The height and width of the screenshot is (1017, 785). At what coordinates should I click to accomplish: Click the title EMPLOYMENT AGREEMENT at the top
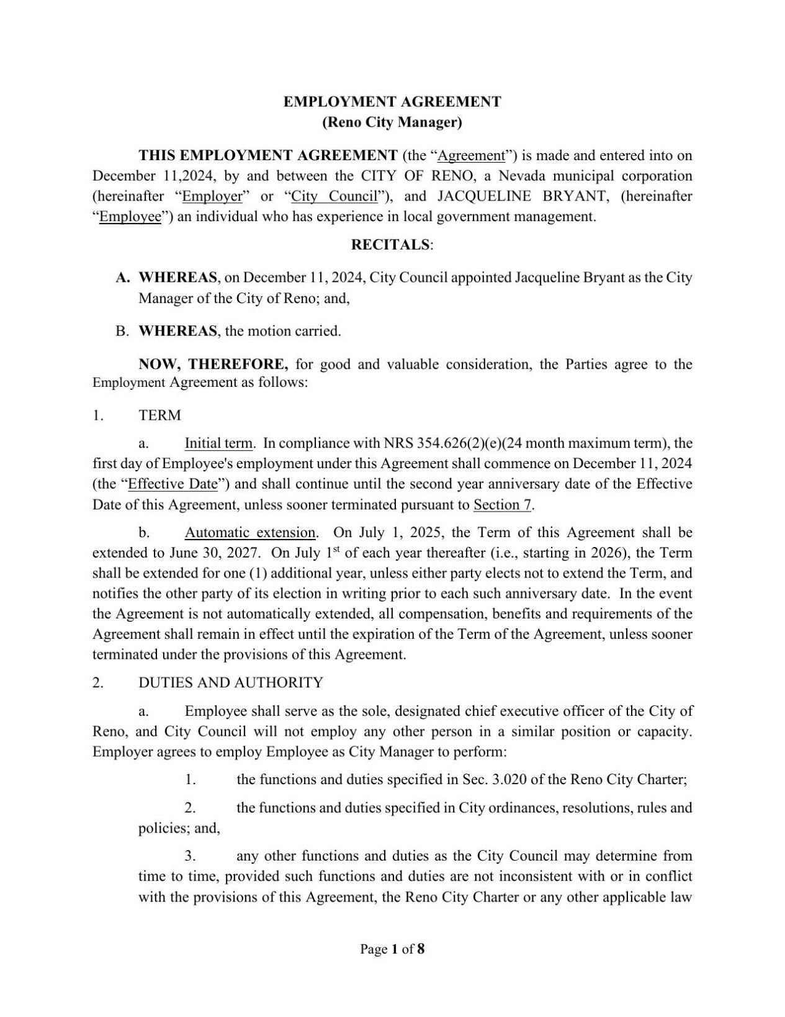click(392, 102)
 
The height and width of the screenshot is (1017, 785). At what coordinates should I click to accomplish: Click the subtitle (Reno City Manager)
click(392, 122)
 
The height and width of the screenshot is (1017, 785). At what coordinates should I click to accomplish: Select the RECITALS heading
click(390, 245)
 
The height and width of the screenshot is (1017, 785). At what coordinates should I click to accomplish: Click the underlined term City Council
click(334, 196)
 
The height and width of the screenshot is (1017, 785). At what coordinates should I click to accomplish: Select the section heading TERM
click(159, 415)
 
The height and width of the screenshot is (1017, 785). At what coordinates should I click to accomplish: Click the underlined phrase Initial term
click(218, 443)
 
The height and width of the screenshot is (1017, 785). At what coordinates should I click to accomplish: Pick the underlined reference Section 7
click(502, 504)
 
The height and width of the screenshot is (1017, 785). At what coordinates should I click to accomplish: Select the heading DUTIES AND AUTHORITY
click(230, 683)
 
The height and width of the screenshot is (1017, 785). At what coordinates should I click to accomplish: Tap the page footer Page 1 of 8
click(392, 949)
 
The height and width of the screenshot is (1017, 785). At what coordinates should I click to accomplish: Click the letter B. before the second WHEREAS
click(122, 331)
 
